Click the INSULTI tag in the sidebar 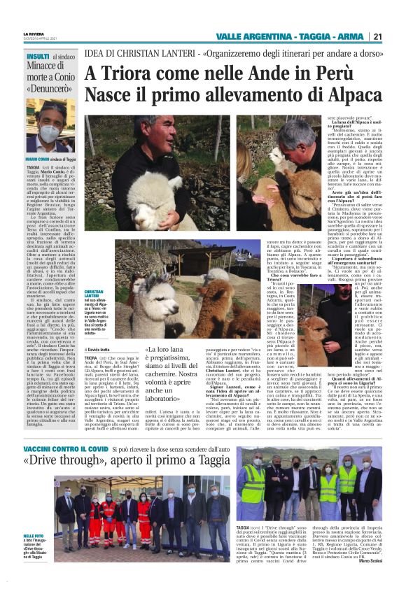38,56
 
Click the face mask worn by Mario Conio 50,132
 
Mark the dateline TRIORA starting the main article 94,357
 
